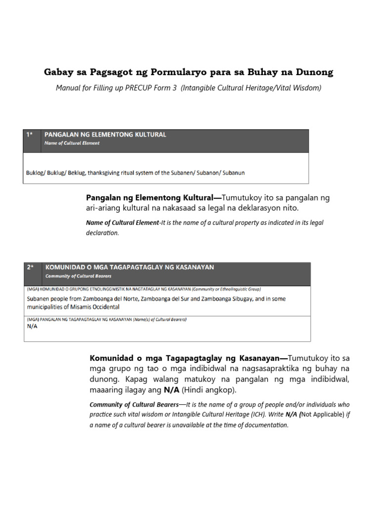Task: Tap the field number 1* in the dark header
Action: coord(30,134)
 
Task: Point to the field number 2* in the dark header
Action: coord(31,267)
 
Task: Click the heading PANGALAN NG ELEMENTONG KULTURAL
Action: coord(105,134)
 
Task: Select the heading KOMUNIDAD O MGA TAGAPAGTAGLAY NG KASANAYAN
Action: coord(129,267)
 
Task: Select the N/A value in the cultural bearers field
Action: coord(31,326)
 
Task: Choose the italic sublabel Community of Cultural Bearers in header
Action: coord(78,276)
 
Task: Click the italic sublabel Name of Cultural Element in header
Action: coord(72,143)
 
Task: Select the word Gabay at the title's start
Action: coord(58,73)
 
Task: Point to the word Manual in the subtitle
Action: coord(68,88)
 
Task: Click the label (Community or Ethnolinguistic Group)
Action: coord(220,289)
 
